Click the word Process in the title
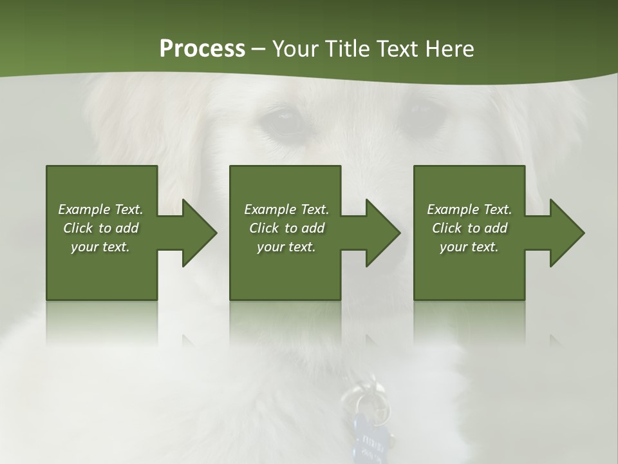pos(202,49)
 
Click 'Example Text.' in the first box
pos(100,209)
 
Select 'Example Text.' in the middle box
pos(286,209)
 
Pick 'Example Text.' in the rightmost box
pos(469,209)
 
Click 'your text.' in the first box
pos(100,247)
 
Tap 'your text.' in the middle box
pos(286,247)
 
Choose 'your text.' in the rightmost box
pos(469,247)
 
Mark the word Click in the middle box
pos(263,228)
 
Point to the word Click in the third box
pos(447,228)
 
